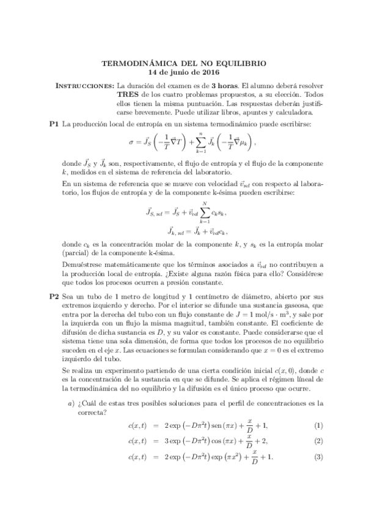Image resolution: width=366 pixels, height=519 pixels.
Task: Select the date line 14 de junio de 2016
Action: pos(183,72)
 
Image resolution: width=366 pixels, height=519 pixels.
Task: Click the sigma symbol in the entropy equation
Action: pos(131,144)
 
